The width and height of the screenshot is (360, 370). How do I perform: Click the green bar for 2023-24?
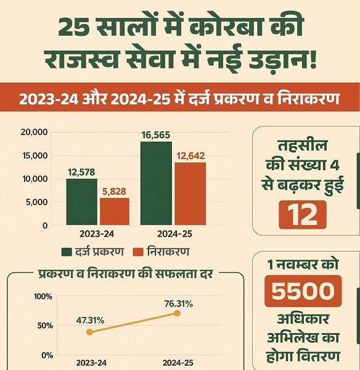[81, 202]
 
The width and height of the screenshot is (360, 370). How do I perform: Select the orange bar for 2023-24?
[115, 212]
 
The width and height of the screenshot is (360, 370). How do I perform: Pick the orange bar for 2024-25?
[190, 194]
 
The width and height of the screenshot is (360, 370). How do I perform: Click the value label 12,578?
[82, 172]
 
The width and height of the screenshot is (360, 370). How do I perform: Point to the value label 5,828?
[115, 192]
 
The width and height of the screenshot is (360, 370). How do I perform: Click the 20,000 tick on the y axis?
[33, 131]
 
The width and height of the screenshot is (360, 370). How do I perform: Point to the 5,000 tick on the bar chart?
[36, 202]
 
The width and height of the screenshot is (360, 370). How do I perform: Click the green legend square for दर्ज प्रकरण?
[67, 252]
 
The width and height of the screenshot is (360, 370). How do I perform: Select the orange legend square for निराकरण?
[138, 252]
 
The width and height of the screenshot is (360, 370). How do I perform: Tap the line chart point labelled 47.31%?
[90, 332]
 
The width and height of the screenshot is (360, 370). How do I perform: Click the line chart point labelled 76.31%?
[178, 313]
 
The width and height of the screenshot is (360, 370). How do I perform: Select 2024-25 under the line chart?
[178, 362]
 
